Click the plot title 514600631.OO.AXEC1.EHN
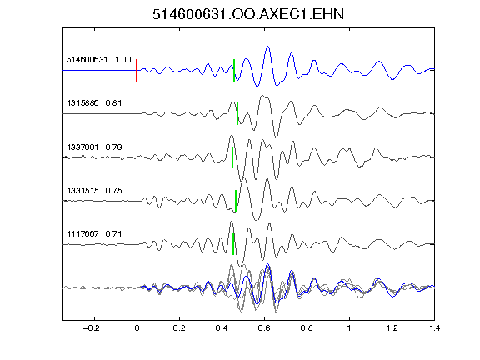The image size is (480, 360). pyautogui.click(x=248, y=14)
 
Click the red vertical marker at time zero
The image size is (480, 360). pyautogui.click(x=137, y=70)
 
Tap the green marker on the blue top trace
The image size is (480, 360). pyautogui.click(x=234, y=70)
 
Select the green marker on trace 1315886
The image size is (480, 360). pyautogui.click(x=237, y=113)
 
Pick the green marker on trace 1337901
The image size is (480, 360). pyautogui.click(x=232, y=157)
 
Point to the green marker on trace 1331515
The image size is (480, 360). pyautogui.click(x=236, y=201)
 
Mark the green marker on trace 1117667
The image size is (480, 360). pyautogui.click(x=233, y=244)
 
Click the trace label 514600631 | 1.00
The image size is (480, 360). pyautogui.click(x=99, y=60)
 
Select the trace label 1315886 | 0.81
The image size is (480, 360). pyautogui.click(x=94, y=103)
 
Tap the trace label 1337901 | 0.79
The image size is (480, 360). pyautogui.click(x=94, y=147)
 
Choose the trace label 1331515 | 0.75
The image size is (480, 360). pyautogui.click(x=94, y=191)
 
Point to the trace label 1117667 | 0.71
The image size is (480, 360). pyautogui.click(x=94, y=234)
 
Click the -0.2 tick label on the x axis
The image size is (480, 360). pyautogui.click(x=92, y=328)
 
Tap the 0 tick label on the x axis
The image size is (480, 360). pyautogui.click(x=137, y=328)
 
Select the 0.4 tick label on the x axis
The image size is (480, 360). pyautogui.click(x=222, y=328)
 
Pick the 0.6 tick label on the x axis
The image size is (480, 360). pyautogui.click(x=264, y=328)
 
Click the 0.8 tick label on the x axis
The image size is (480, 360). pyautogui.click(x=307, y=328)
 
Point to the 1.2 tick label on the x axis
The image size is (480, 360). pyautogui.click(x=392, y=328)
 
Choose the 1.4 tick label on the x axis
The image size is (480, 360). pyautogui.click(x=434, y=328)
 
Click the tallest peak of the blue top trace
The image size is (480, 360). pyautogui.click(x=267, y=47)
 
